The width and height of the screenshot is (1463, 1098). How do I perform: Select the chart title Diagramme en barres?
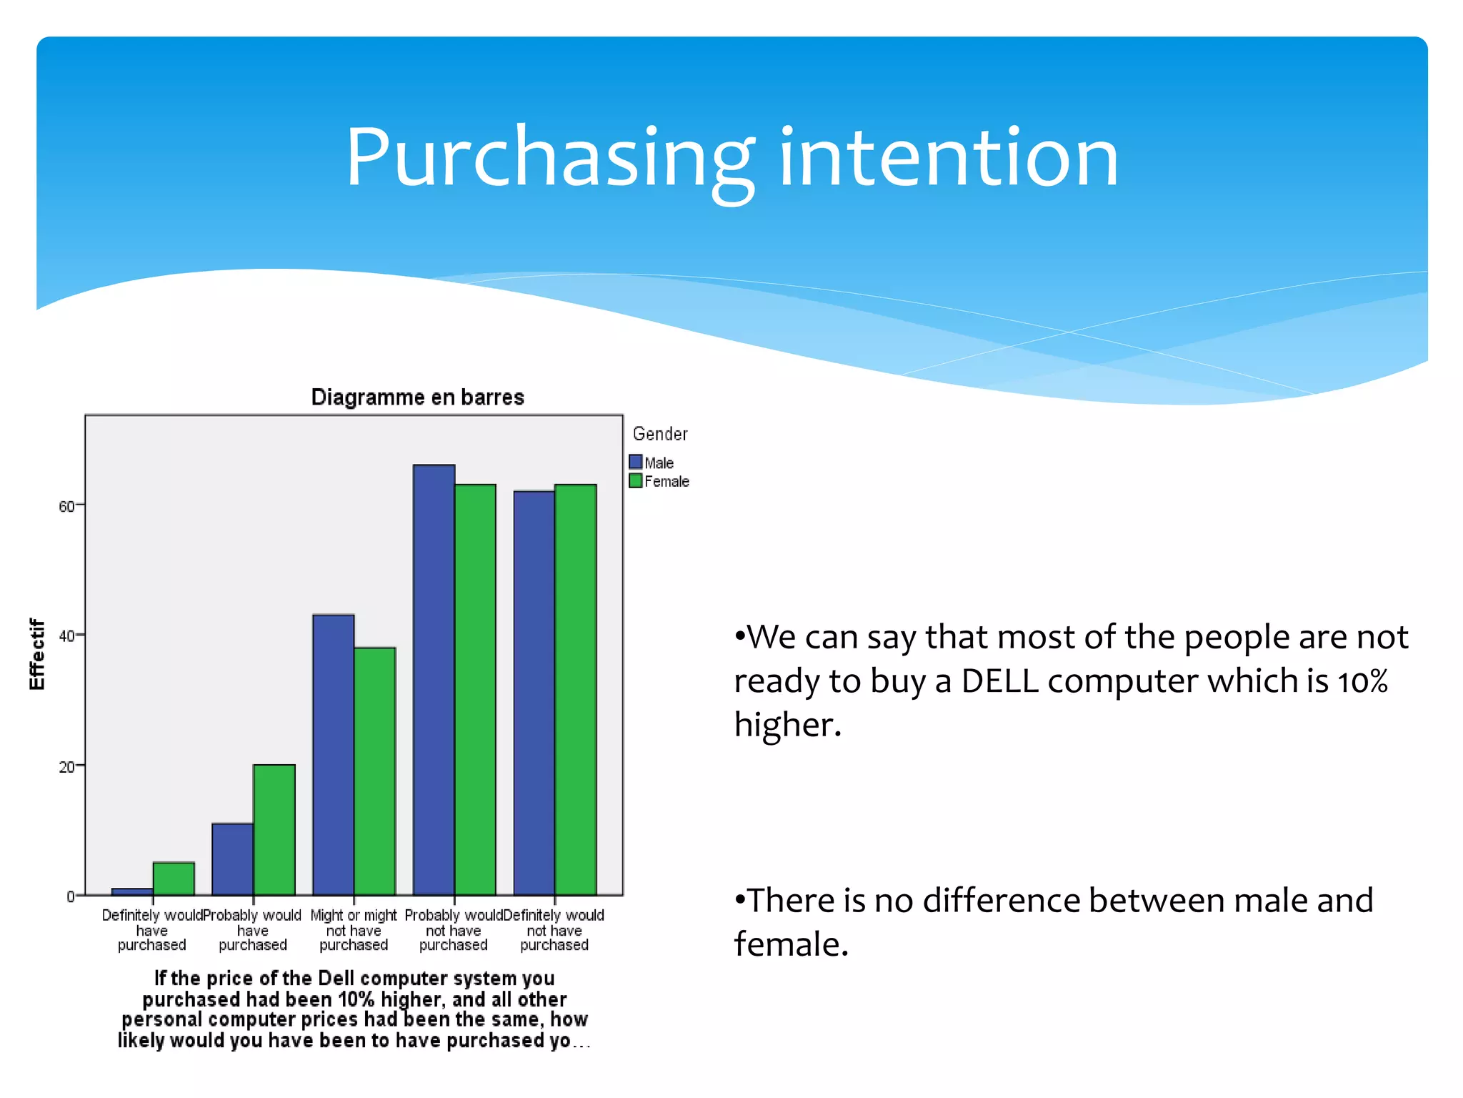[x=417, y=397]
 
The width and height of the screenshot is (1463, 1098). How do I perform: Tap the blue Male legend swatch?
[x=636, y=462]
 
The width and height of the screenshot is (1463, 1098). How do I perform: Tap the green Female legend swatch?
[x=636, y=480]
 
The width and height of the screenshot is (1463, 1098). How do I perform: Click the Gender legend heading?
[x=660, y=434]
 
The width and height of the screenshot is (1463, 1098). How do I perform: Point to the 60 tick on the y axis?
[x=67, y=506]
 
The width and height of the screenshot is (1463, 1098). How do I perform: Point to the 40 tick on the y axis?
[x=67, y=636]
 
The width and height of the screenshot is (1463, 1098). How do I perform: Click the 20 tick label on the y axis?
[x=67, y=767]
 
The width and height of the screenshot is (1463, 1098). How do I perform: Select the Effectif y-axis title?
[x=37, y=654]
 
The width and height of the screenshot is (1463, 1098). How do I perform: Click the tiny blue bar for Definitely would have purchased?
[x=132, y=891]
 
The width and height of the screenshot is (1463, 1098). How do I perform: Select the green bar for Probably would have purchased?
[x=274, y=829]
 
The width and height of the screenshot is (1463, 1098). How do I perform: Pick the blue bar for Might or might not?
[x=333, y=754]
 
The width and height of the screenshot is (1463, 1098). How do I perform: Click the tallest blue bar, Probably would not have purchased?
[x=434, y=679]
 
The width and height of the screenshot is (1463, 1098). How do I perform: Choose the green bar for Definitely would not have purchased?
[x=576, y=690]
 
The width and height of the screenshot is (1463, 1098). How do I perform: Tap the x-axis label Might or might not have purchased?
[x=354, y=930]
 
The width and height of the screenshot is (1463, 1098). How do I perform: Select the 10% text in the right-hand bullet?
[x=1362, y=681]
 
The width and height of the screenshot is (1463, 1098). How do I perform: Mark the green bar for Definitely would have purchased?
[x=174, y=879]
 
